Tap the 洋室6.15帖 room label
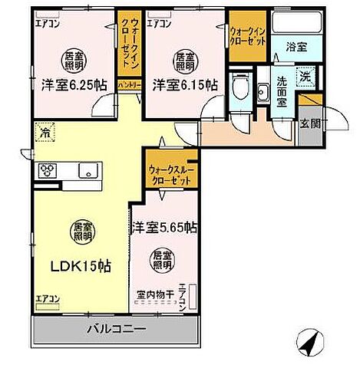[x=183, y=84]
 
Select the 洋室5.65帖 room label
[x=163, y=227]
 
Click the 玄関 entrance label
[x=309, y=123]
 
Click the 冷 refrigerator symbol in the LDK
[x=45, y=135]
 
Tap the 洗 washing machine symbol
[x=305, y=76]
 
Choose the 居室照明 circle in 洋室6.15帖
[x=184, y=61]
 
